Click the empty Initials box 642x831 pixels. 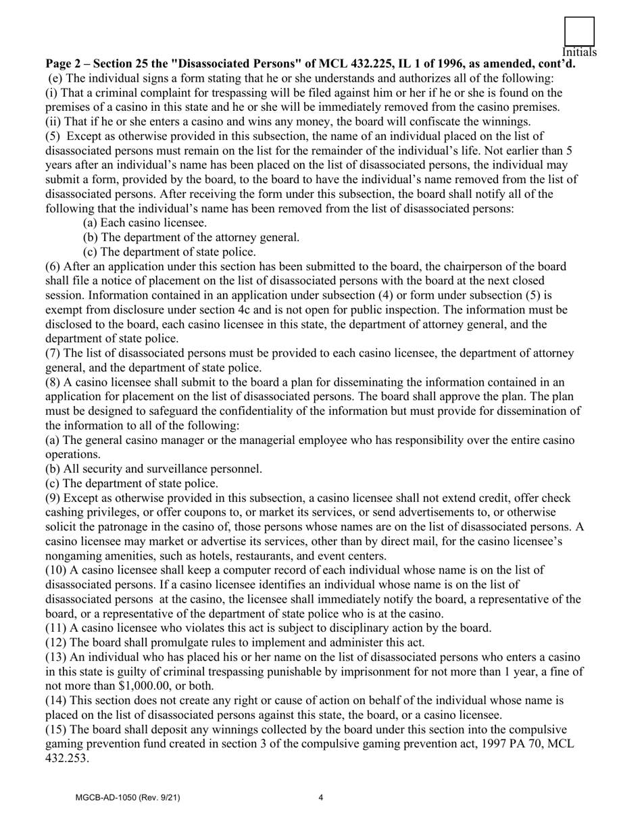click(579, 32)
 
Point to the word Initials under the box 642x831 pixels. click(579, 53)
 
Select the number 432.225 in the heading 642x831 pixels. click(374, 64)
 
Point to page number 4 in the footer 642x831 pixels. click(320, 798)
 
